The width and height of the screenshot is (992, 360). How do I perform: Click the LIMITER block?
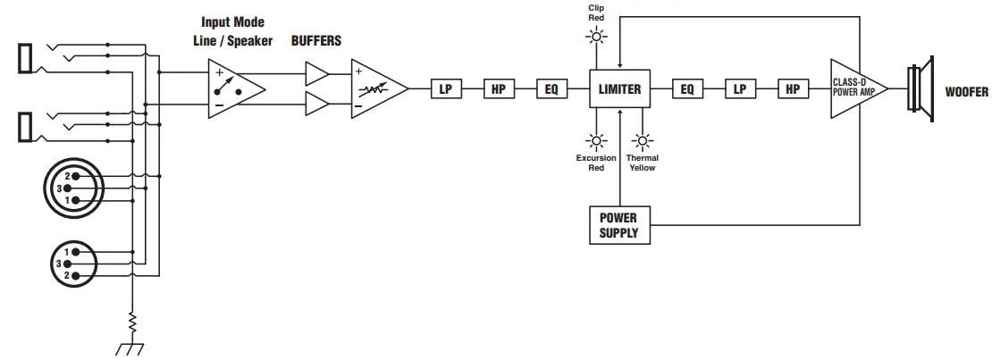[x=619, y=89]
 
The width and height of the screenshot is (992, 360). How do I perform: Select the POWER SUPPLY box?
[x=619, y=224]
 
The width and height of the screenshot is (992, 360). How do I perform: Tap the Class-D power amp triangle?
[x=854, y=89]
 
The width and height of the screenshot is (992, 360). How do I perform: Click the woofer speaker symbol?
[x=921, y=90]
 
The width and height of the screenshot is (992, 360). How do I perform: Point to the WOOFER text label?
[x=966, y=92]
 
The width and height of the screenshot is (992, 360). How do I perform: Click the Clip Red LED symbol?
[x=595, y=37]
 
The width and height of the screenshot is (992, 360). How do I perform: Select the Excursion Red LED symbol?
[x=595, y=139]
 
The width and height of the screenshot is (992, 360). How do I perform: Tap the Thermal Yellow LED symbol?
[x=642, y=139]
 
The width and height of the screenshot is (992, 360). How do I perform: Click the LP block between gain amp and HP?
[x=445, y=89]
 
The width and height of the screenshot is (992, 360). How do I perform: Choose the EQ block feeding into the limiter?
[x=551, y=89]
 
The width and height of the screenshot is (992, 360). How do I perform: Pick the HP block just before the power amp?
[x=792, y=89]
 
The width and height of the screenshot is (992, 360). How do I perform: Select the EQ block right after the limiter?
[x=686, y=89]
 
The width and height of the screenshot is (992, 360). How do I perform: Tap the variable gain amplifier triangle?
[x=375, y=89]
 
